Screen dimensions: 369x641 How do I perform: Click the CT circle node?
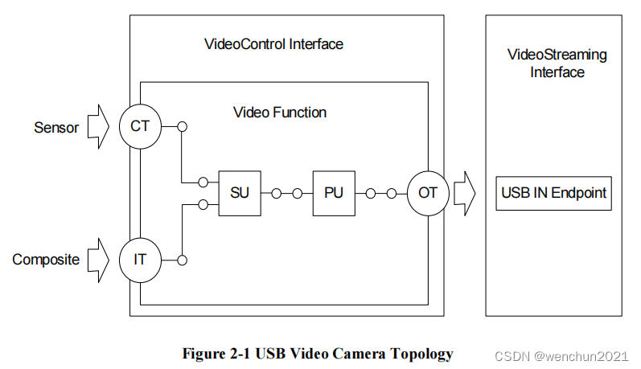[141, 126]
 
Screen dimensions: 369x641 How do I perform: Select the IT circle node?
[141, 260]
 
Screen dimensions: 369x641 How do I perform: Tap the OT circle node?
[427, 193]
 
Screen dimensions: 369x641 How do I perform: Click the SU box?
[240, 193]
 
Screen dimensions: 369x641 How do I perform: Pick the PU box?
[333, 193]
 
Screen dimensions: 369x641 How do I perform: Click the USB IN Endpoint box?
[553, 193]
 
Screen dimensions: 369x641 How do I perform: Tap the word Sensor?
[56, 127]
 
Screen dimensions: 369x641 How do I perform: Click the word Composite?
[46, 260]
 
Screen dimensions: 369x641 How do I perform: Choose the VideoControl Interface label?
[274, 44]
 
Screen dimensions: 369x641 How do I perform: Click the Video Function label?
[280, 113]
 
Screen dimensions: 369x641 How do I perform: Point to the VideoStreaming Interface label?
[557, 64]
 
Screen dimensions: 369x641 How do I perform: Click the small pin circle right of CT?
[183, 126]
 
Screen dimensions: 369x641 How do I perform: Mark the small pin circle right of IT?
[183, 260]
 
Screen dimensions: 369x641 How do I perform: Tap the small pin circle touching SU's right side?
[277, 193]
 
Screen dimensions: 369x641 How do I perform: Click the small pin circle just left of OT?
[392, 193]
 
